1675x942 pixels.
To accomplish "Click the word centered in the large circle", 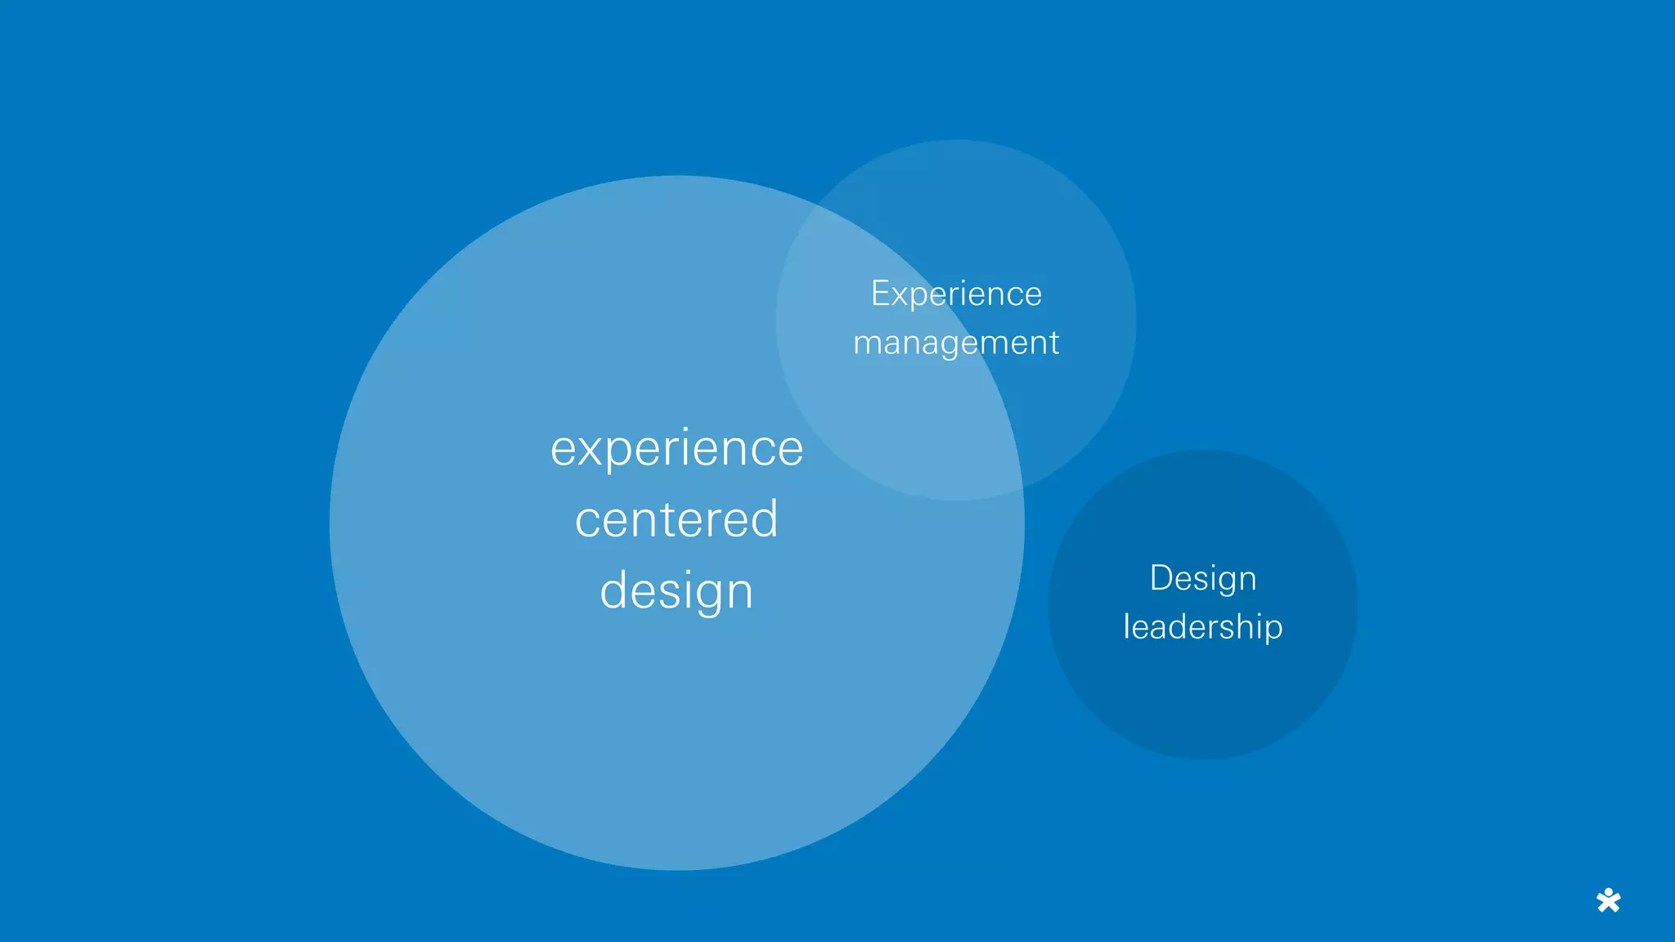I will pos(676,519).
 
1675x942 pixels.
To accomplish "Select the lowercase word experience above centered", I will pos(676,449).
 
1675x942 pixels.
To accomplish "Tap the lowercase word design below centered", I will pos(676,591).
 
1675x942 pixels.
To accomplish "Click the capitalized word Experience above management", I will pos(956,294).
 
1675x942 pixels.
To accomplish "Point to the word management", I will pos(956,343).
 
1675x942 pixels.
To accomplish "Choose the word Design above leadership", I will pos(1203,579).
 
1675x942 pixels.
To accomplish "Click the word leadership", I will pos(1203,627).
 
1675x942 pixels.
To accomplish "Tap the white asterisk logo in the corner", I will pos(1608,900).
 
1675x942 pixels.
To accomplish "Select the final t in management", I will pos(1054,343).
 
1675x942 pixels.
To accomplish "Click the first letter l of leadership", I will pos(1126,626).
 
